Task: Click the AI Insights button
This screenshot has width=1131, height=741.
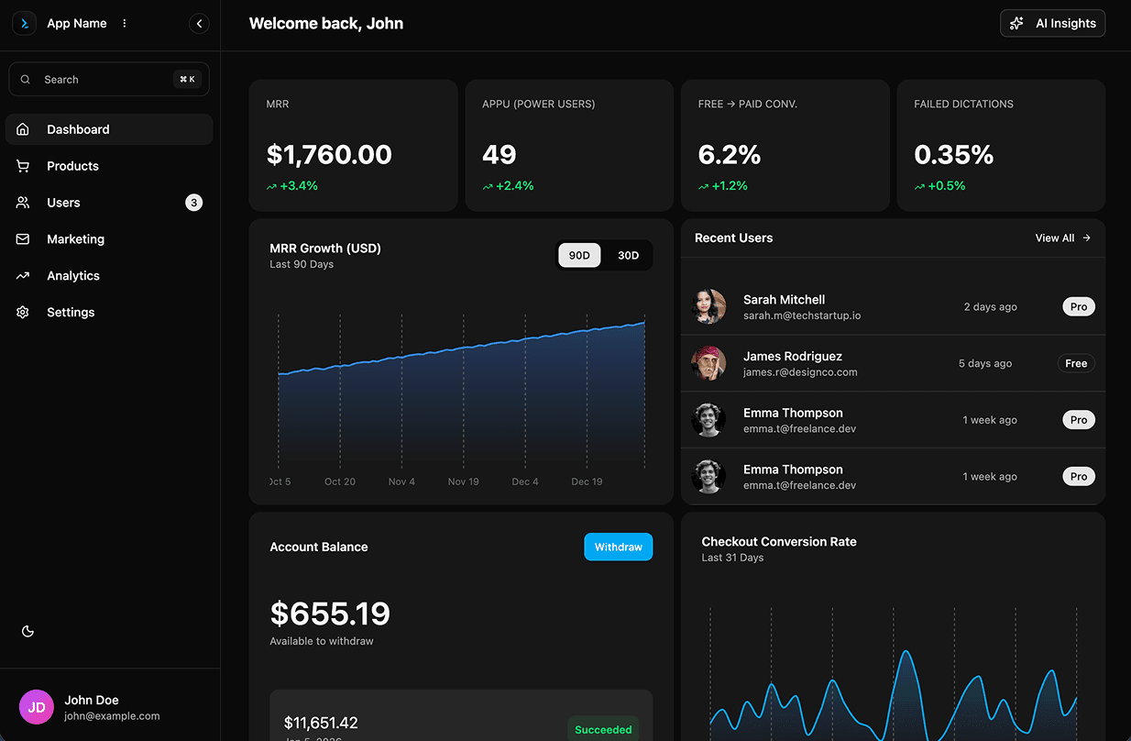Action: click(1052, 24)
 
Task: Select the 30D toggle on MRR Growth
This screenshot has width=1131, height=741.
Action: click(628, 256)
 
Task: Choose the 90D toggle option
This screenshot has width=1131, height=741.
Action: click(579, 256)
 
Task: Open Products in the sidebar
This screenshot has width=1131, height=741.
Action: click(72, 166)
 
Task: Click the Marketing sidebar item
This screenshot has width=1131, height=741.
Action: click(75, 239)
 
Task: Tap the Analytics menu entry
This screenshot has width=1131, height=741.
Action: click(73, 276)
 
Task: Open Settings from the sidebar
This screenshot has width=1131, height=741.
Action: click(71, 313)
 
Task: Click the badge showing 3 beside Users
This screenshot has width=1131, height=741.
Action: click(193, 203)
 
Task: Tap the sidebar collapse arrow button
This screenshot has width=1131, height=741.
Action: click(199, 24)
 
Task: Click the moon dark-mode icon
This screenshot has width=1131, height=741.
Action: click(27, 631)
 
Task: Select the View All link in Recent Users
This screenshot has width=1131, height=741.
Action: click(1062, 238)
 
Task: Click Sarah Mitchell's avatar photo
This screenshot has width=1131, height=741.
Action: click(708, 307)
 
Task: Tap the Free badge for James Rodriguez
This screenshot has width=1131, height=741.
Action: click(1076, 364)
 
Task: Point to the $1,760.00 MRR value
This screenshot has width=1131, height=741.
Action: click(329, 155)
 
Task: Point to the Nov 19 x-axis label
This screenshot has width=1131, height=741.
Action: click(463, 481)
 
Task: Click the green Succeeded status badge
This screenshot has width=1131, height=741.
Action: click(603, 730)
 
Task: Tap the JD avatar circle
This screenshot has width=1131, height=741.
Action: click(37, 707)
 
